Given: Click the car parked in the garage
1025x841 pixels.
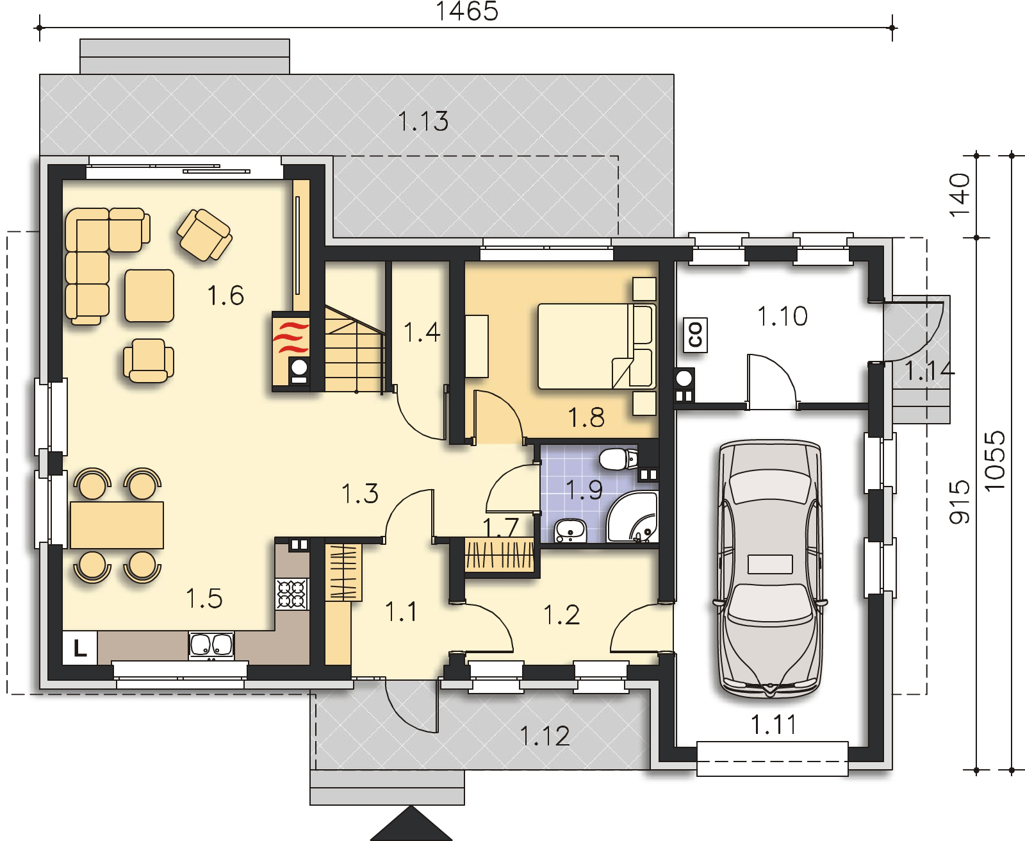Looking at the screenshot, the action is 770,569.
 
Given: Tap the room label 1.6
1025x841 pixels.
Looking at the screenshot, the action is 225,296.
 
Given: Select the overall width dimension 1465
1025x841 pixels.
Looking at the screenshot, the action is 466,11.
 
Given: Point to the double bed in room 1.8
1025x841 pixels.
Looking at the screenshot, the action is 597,346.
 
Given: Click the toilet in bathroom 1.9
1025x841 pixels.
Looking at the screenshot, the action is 618,459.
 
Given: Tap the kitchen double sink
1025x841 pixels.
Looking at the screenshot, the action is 211,645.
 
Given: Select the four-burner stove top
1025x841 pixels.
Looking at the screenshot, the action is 291,594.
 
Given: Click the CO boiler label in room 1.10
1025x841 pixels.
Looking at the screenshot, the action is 696,335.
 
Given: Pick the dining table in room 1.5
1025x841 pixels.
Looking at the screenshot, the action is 117,526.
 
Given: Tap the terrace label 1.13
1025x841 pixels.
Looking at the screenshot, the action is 423,122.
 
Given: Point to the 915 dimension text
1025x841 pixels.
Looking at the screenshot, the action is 960,502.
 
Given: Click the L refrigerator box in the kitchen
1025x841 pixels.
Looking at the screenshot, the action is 80,648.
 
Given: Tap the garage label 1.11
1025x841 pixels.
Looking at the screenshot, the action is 774,725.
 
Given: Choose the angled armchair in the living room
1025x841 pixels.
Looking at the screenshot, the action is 204,235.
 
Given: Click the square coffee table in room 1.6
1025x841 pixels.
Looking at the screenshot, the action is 149,296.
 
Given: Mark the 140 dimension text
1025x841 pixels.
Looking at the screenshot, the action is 960,196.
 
